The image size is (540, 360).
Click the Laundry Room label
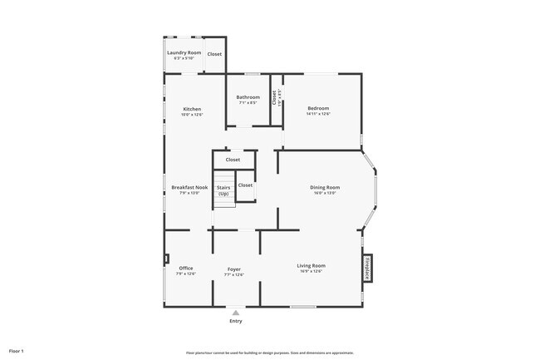pos(184,52)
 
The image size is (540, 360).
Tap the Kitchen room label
pos(192,109)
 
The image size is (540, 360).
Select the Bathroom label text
pos(248,97)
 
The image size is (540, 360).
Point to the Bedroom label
pos(318,108)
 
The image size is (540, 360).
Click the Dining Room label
pos(325,187)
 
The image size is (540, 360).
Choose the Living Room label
pos(312,265)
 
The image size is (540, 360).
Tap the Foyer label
pos(234,269)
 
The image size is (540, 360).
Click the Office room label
pos(186,268)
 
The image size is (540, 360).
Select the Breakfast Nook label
pos(189,187)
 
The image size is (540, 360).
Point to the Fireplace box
pos(367,268)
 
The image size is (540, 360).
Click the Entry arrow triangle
pos(236,313)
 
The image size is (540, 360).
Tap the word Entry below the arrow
pos(236,321)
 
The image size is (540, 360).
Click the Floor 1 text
pos(17,352)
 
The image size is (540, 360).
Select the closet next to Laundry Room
pos(214,54)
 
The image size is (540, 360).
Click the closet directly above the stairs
pos(233,160)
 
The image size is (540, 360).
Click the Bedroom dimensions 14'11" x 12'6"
pos(318,114)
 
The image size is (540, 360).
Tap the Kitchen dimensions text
pos(192,115)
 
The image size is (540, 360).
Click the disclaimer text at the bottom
pos(269,352)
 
